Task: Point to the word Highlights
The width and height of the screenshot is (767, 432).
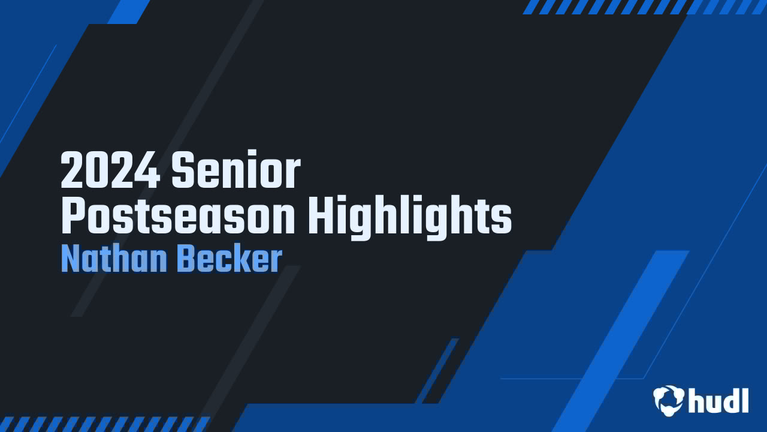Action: (x=410, y=219)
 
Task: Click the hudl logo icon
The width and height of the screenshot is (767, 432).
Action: (x=669, y=400)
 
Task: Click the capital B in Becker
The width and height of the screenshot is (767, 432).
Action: (x=188, y=260)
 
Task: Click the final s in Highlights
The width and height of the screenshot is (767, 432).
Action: (x=502, y=221)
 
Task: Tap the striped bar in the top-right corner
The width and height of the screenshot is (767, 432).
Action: (x=644, y=7)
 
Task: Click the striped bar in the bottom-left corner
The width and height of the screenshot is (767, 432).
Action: (x=105, y=424)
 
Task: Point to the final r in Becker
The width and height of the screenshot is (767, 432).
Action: (x=276, y=262)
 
